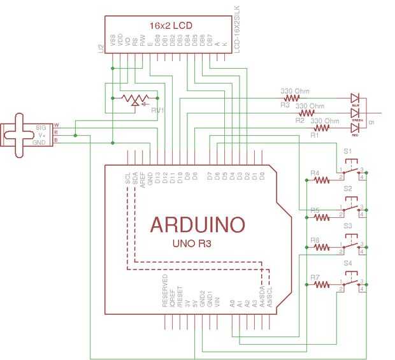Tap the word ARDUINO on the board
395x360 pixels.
pos(197,224)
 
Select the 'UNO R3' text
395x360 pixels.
pos(192,243)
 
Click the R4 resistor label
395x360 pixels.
pos(314,173)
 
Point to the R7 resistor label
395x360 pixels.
pos(314,277)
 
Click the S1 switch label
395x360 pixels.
pos(347,153)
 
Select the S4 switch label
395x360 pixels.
pos(347,263)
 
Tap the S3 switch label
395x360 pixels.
pos(347,226)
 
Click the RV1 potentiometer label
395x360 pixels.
pos(157,110)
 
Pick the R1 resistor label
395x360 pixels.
pos(314,135)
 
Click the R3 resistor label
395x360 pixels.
pos(284,105)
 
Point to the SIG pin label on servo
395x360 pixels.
pos(41,127)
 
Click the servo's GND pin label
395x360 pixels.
pos(41,142)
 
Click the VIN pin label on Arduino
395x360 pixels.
pos(218,302)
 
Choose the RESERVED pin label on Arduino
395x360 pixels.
pos(165,292)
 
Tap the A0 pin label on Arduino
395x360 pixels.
pos(233,304)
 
